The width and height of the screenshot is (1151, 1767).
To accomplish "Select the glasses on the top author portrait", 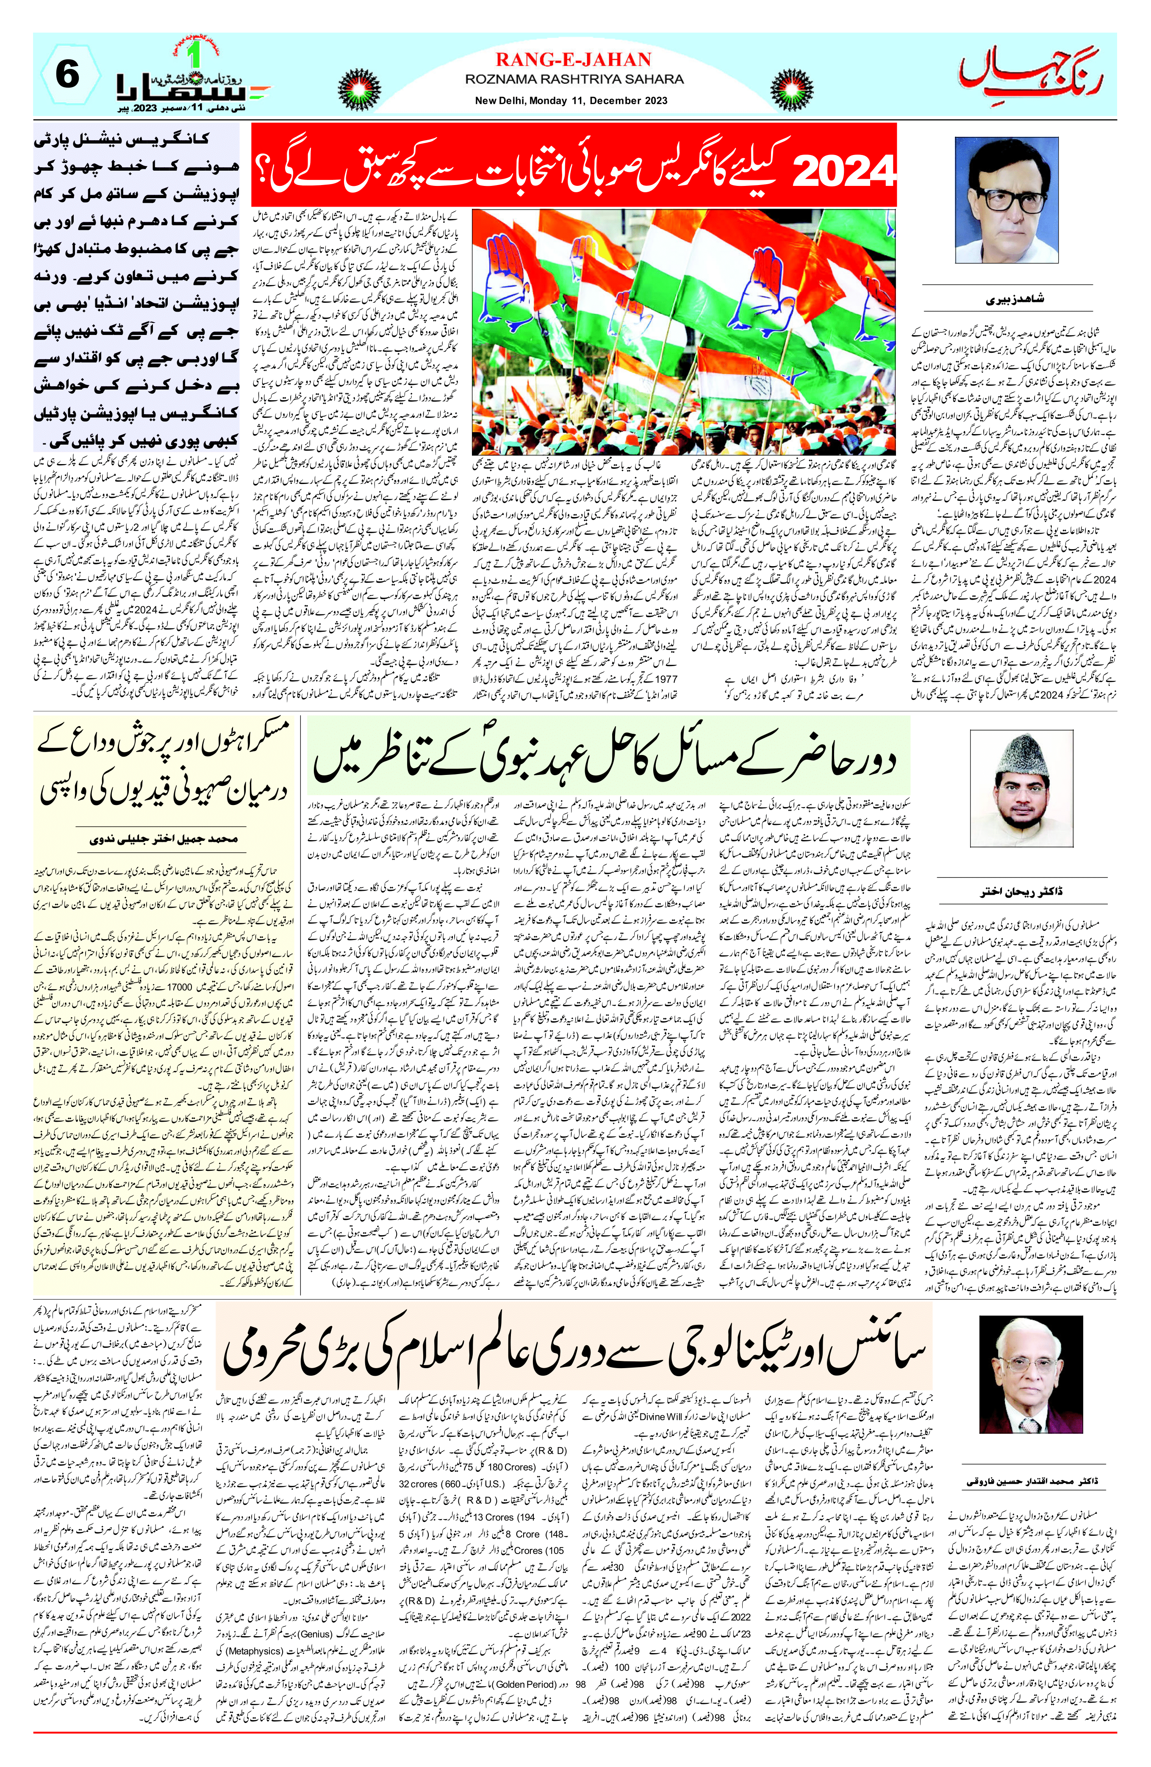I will (1006, 199).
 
